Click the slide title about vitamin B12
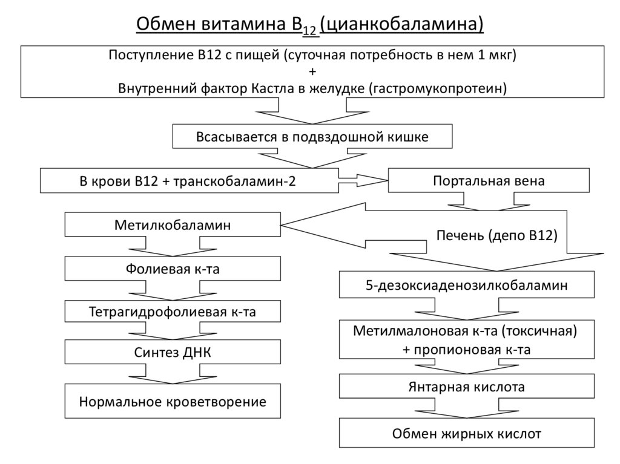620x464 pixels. tap(310, 24)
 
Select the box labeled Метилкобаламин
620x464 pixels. tap(173, 225)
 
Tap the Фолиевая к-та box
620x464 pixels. tap(173, 269)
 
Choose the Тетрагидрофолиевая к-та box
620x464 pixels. tap(173, 312)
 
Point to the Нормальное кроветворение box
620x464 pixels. tap(173, 402)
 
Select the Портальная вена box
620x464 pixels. tap(488, 181)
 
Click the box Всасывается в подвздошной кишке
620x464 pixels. tap(312, 137)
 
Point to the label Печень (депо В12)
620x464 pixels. tap(496, 235)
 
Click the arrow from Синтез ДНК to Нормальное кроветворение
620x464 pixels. tap(173, 376)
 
